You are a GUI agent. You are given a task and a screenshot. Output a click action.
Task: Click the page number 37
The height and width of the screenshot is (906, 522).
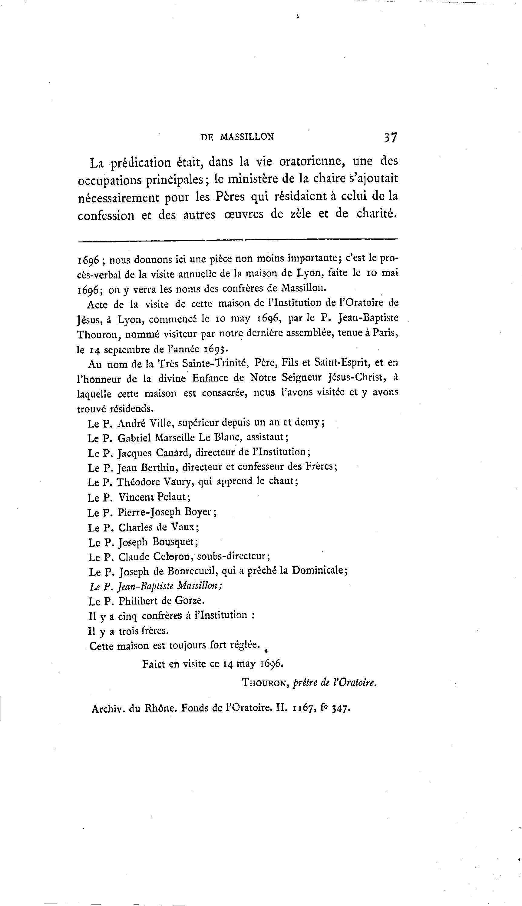[x=390, y=137]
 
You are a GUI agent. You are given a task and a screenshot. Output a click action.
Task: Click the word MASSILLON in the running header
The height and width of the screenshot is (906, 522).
[x=247, y=137]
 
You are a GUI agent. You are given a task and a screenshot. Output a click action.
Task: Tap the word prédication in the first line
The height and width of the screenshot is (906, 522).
[x=140, y=163]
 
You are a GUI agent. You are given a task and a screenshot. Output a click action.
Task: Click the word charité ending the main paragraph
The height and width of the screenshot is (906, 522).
[x=377, y=213]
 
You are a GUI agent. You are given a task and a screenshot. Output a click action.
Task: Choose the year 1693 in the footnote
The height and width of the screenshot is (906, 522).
[x=216, y=349]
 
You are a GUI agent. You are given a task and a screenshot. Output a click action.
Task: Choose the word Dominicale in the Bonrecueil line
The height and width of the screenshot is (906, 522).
[x=319, y=570]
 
